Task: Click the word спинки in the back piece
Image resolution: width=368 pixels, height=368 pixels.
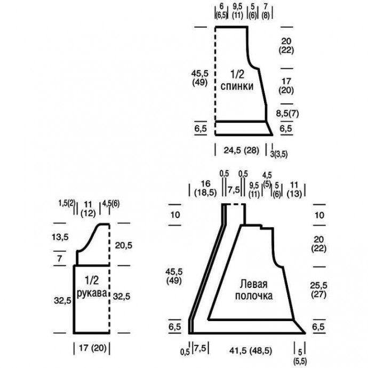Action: click(237, 86)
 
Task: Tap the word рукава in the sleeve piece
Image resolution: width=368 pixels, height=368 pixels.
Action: click(92, 293)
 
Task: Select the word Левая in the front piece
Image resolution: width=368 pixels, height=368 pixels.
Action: click(253, 284)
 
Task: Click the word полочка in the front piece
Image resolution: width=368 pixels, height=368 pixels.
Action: click(254, 296)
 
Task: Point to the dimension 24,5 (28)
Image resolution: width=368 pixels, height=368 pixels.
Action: click(241, 150)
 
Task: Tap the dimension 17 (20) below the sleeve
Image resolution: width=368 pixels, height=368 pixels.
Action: click(92, 348)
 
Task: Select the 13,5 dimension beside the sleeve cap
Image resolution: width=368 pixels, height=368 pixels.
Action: click(60, 237)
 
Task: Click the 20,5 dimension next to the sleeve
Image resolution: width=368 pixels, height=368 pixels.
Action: click(123, 245)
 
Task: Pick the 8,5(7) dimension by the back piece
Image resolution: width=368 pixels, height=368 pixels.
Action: click(287, 114)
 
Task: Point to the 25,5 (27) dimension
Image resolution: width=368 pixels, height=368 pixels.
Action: click(319, 290)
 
